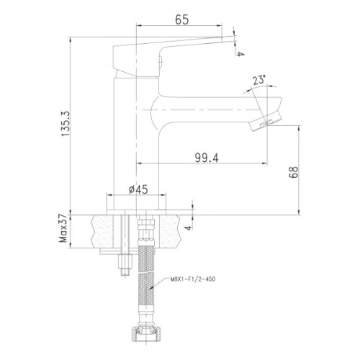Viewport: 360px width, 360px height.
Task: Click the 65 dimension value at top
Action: coord(182,19)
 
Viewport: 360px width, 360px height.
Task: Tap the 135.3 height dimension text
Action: coord(66,124)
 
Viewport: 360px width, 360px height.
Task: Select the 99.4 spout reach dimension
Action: coord(207,158)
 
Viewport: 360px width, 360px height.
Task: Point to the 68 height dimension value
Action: coord(293,172)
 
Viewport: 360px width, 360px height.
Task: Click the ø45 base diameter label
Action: coord(138,189)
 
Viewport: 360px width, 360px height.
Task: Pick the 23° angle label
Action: coord(259,80)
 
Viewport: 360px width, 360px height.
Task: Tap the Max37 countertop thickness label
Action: coord(63,228)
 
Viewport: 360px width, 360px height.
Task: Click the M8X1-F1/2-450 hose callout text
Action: coord(193,279)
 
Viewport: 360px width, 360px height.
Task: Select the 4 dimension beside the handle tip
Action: coord(240,53)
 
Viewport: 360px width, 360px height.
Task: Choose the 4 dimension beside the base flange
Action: coord(189,227)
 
